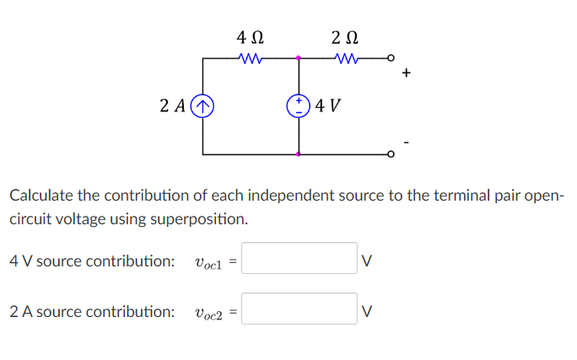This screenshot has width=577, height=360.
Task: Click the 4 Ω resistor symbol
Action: (251, 58)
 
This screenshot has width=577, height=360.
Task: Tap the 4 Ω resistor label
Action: (251, 38)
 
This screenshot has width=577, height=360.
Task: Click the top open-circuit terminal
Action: (390, 58)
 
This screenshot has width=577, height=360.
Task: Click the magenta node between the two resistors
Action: (298, 58)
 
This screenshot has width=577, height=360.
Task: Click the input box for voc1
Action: (300, 259)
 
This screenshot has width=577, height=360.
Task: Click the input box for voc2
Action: (300, 309)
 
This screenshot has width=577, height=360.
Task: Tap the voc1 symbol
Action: (208, 262)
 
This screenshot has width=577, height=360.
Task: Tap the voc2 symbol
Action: (208, 313)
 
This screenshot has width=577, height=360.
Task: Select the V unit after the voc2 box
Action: (366, 311)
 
